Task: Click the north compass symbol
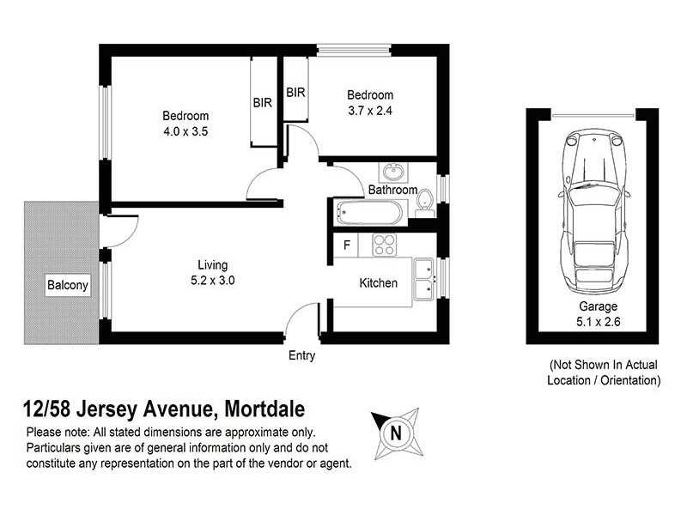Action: pos(396,433)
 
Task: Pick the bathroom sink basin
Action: pos(395,170)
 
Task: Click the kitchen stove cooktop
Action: pos(384,244)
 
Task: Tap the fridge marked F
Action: pos(347,245)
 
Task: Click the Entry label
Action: pos(302,355)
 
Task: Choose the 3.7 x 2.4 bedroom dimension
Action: pos(370,110)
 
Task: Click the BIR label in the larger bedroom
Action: pos(263,103)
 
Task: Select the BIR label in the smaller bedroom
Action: pos(296,93)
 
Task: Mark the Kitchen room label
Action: pos(378,283)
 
